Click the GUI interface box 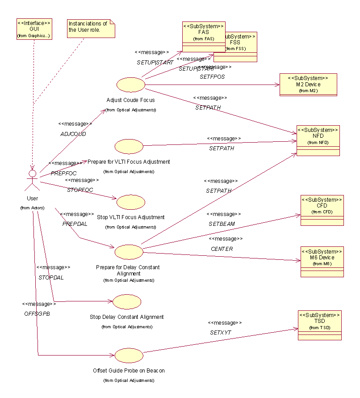point(33,29)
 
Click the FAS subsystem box point(204,36)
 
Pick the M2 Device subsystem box point(308,85)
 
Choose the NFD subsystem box point(318,140)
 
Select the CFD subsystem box point(322,210)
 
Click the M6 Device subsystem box point(322,262)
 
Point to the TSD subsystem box point(319,325)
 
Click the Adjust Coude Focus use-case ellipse point(131,84)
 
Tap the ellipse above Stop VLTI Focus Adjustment point(131,202)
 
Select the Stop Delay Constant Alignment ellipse point(127,302)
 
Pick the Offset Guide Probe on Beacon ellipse point(129,356)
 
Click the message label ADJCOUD point(73,134)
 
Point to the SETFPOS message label point(212,76)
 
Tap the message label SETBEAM point(222,224)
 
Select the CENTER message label point(222,249)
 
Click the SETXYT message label point(221,333)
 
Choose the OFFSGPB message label point(37,314)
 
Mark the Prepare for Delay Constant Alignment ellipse point(129,252)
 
